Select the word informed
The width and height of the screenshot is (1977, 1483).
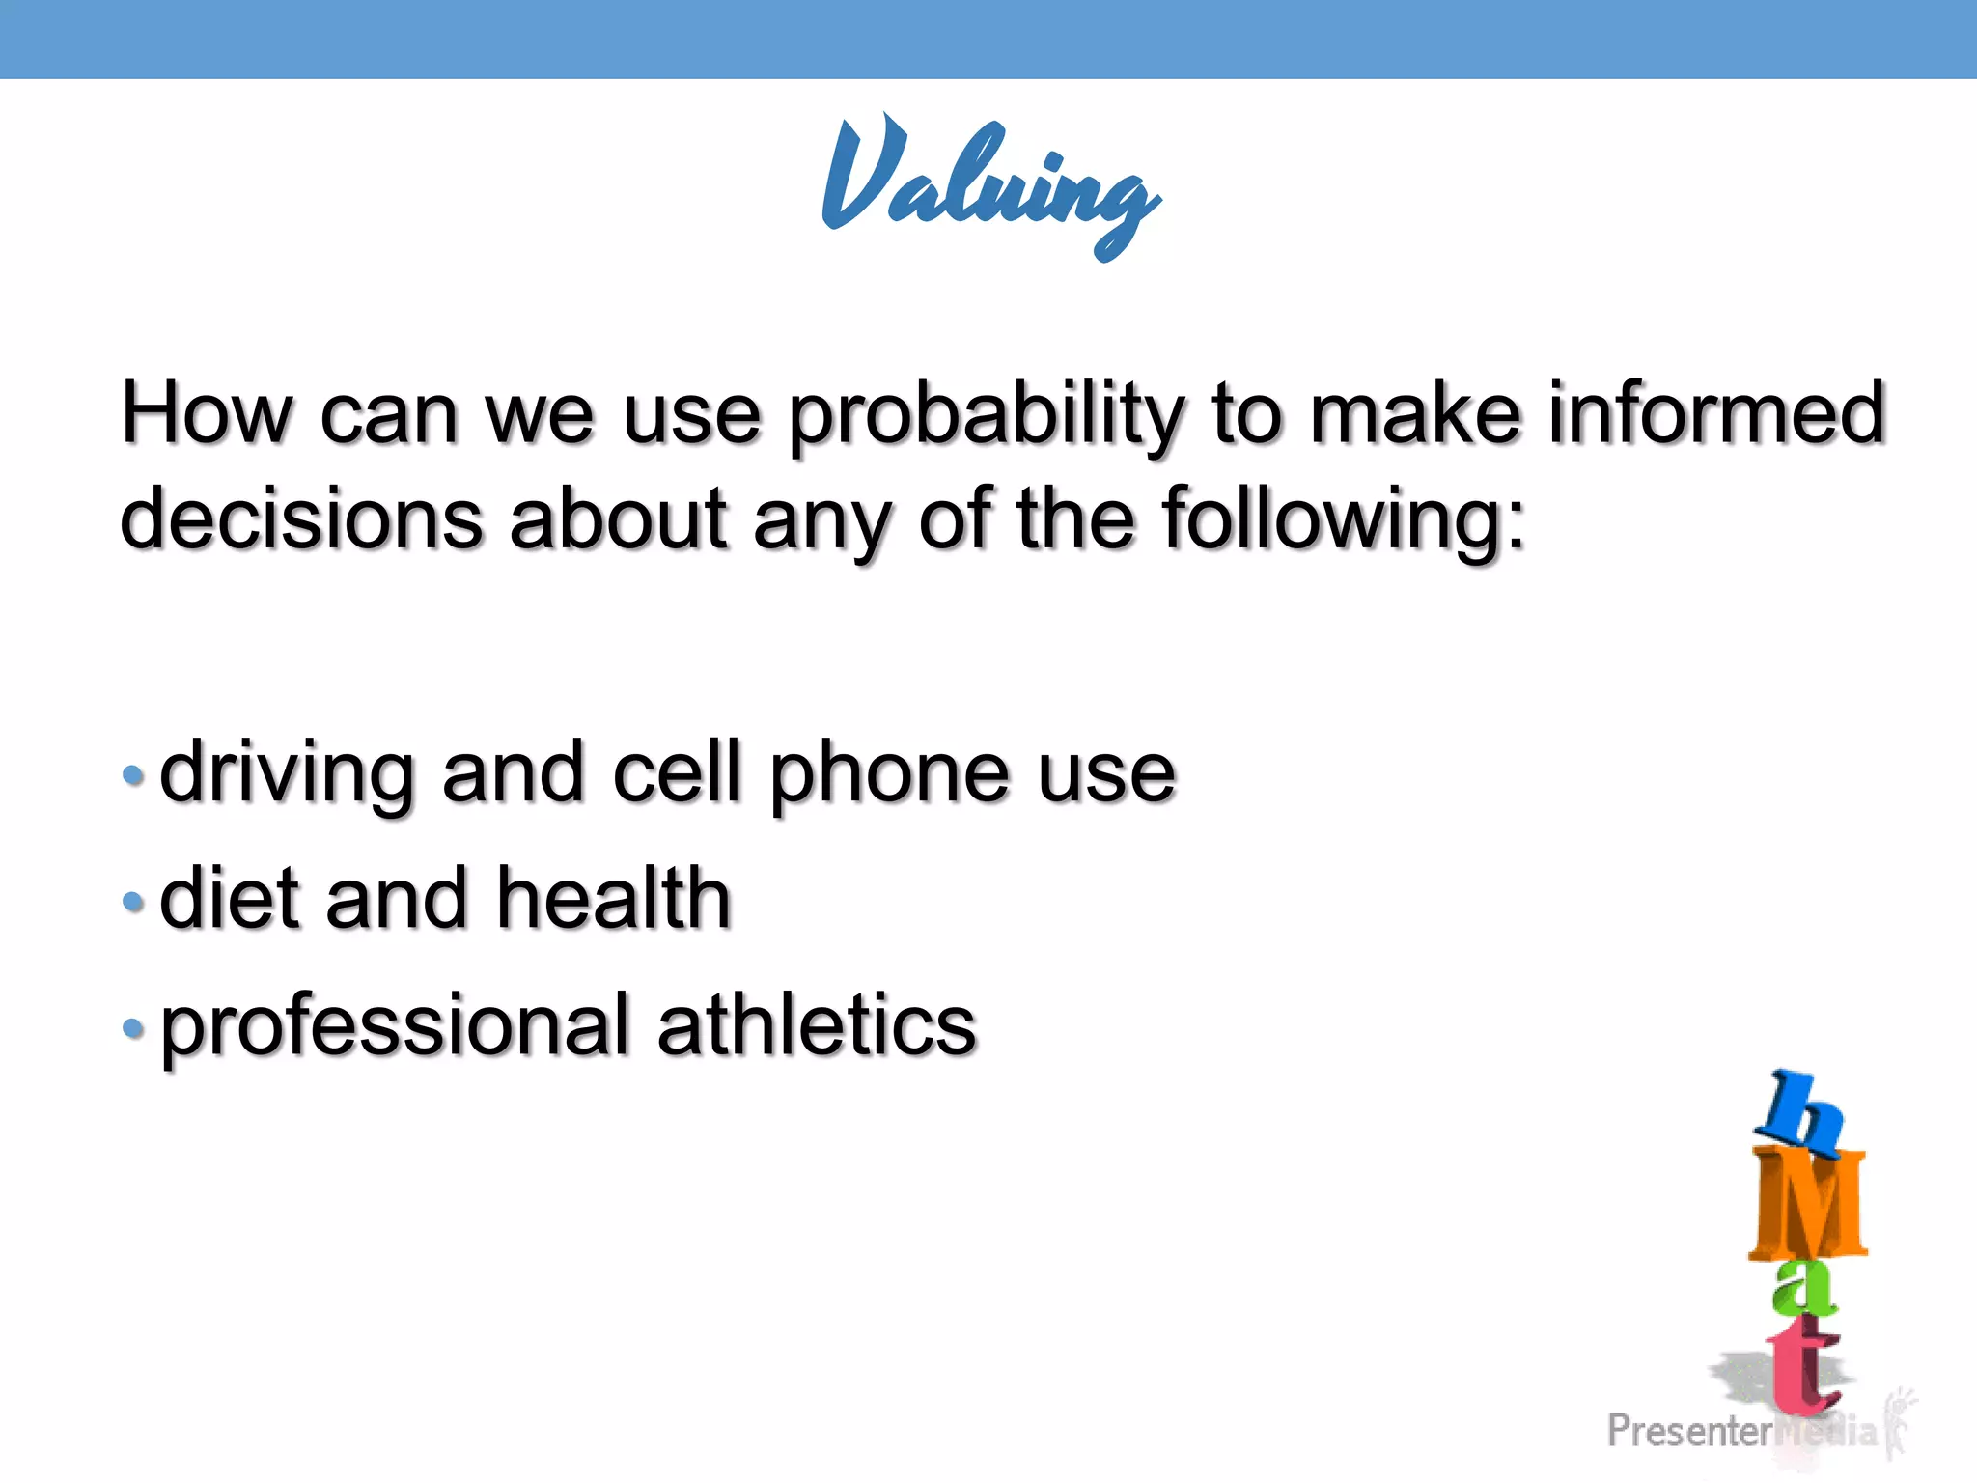[x=1716, y=413]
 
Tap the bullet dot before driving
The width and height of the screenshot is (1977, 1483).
[x=133, y=775]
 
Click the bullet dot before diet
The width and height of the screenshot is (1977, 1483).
[x=133, y=902]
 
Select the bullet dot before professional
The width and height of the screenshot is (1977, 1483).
[x=133, y=1028]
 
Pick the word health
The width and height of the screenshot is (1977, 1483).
[x=614, y=900]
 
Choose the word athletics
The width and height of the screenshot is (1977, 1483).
[x=817, y=1025]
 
